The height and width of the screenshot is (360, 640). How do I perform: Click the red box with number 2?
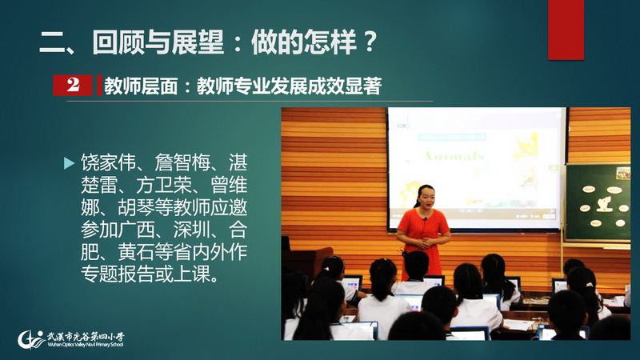tap(73, 85)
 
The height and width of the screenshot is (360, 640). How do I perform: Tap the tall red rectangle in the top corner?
tap(566, 30)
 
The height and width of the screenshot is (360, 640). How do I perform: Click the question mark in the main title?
tap(370, 42)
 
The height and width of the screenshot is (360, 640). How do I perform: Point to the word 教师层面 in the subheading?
tap(141, 86)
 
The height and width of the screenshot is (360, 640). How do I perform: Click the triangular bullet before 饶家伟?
tap(70, 163)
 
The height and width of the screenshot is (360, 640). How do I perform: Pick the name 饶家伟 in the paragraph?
tap(108, 162)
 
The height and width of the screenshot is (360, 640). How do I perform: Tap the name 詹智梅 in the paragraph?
tap(182, 162)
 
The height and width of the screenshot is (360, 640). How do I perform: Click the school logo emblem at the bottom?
tap(30, 339)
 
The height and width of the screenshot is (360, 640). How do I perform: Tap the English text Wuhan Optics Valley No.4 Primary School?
tap(85, 345)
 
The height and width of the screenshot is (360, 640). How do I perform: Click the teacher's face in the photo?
tap(426, 197)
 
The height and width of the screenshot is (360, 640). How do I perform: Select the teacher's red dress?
tap(423, 241)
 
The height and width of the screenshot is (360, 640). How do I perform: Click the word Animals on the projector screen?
tap(454, 156)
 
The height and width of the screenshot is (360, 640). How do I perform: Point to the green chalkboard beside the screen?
tap(598, 202)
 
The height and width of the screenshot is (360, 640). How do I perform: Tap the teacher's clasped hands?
tap(425, 243)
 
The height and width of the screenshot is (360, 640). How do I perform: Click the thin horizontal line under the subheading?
tap(250, 101)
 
